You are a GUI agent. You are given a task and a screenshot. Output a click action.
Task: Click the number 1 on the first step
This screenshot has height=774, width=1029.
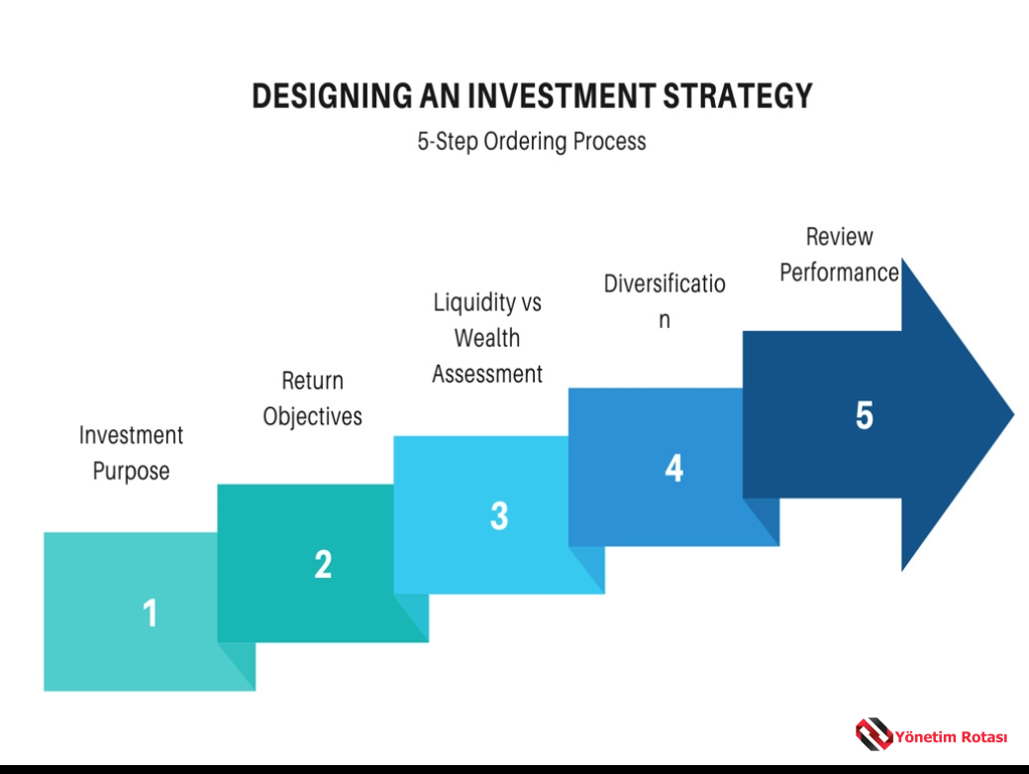(x=151, y=612)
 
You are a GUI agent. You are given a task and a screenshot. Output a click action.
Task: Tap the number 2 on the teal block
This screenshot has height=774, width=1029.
(x=323, y=564)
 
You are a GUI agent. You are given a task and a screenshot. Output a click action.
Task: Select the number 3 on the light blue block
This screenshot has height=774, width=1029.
(x=499, y=515)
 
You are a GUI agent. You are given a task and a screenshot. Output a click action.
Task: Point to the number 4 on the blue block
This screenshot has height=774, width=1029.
(x=674, y=468)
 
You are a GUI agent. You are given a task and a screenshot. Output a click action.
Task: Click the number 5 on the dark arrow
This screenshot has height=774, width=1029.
(x=865, y=415)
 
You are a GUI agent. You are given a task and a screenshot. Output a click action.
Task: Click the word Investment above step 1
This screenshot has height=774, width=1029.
(x=132, y=435)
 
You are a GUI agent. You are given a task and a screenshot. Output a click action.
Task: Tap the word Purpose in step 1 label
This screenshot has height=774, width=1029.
(x=132, y=472)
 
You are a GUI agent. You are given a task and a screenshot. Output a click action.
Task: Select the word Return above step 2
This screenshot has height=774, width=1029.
(x=312, y=381)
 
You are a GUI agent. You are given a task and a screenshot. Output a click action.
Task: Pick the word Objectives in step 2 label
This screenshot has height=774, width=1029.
(x=312, y=416)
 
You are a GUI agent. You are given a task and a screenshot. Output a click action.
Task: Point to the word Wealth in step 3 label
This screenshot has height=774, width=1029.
(x=487, y=338)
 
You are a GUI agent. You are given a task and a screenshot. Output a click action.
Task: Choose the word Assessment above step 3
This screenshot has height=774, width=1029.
(x=487, y=375)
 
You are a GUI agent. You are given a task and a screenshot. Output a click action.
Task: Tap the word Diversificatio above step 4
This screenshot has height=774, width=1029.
(x=665, y=283)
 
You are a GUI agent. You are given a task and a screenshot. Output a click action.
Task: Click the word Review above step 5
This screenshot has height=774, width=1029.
(x=840, y=236)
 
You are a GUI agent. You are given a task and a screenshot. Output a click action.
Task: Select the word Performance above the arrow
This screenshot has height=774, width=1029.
(x=840, y=273)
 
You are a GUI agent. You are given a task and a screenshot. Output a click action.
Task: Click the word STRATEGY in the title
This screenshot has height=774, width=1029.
(x=738, y=96)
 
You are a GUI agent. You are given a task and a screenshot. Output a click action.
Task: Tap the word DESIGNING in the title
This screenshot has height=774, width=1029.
(x=332, y=96)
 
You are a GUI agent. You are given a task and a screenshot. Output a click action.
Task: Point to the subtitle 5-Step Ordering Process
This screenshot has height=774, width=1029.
(x=532, y=141)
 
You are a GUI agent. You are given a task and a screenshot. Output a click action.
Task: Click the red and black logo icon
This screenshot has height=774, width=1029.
(x=875, y=734)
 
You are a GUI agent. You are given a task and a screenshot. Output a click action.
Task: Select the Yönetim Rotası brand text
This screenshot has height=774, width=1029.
(x=951, y=737)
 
